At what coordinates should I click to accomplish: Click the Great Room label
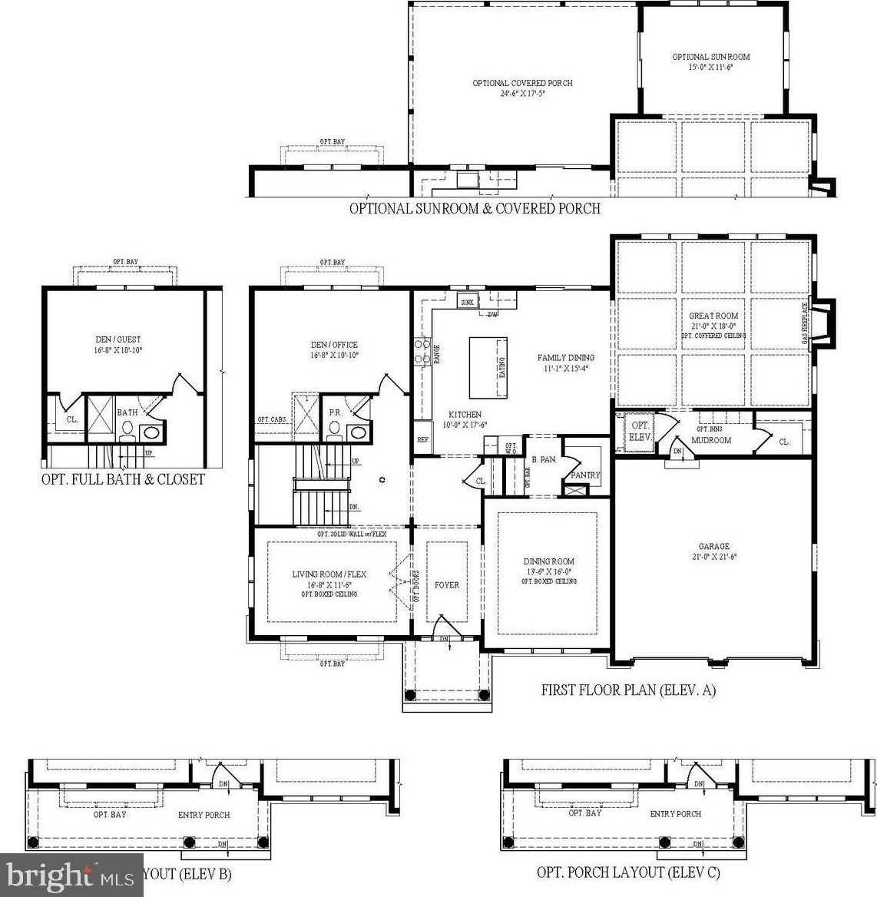[713, 316]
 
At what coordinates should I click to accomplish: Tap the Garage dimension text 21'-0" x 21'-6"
[713, 557]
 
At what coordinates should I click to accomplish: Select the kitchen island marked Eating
[488, 367]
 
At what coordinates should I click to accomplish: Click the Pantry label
[585, 475]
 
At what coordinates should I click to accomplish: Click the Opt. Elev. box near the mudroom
[639, 431]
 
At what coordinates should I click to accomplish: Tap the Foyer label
[447, 585]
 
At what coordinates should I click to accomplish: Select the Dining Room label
[549, 561]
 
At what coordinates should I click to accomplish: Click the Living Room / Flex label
[329, 574]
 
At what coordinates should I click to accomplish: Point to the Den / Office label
[334, 345]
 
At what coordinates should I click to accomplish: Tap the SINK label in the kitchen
[467, 303]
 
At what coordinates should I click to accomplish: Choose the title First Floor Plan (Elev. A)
[628, 690]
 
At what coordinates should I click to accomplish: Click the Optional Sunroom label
[711, 57]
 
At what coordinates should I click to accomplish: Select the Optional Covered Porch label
[522, 83]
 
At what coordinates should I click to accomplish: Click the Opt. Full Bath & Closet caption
[123, 479]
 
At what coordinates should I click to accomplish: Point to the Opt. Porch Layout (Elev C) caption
[628, 872]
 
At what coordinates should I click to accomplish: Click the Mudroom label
[711, 440]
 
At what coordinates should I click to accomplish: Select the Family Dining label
[566, 357]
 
